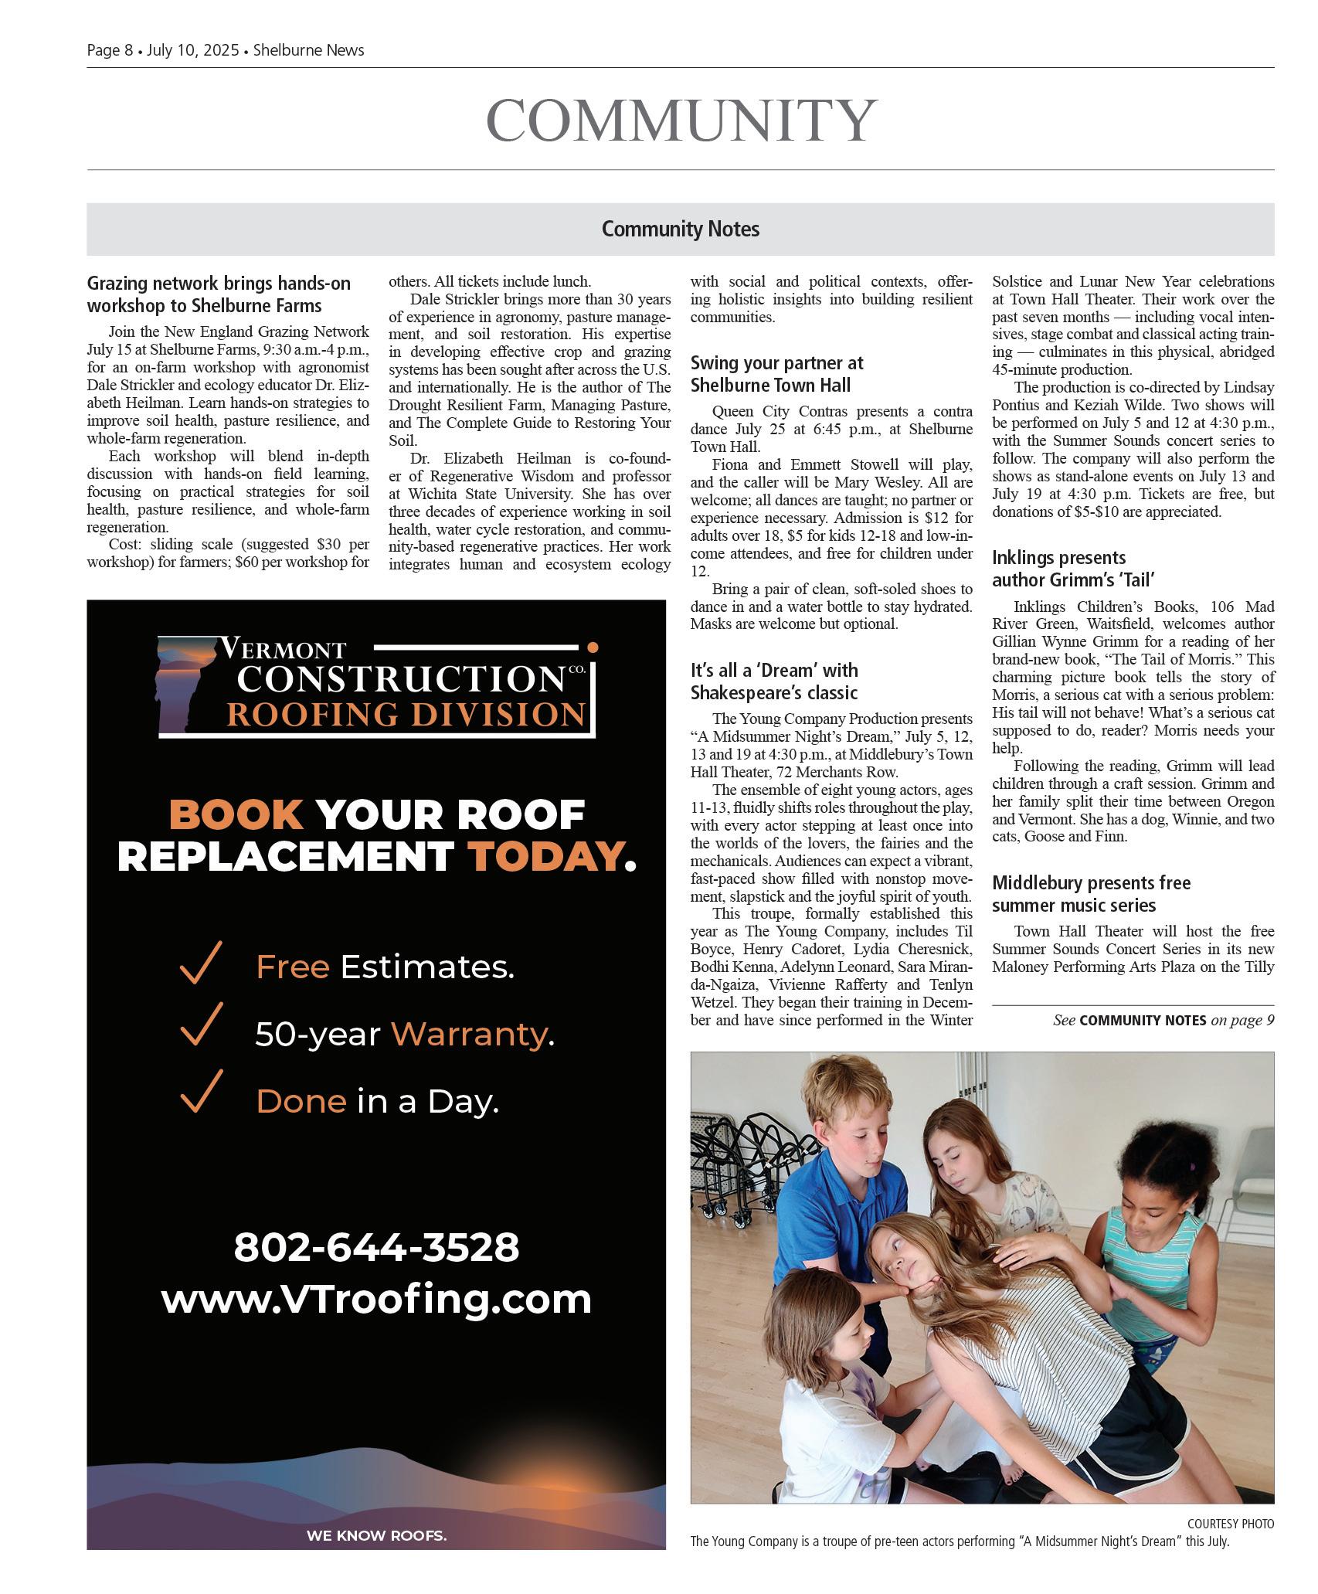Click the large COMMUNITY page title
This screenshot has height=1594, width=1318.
point(680,120)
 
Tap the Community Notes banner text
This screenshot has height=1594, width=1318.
point(680,229)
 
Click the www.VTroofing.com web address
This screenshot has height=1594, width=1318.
point(376,1299)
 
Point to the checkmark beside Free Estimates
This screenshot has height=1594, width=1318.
point(200,963)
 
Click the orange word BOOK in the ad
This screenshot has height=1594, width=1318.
point(236,814)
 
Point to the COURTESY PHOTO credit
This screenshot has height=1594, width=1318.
point(1230,1524)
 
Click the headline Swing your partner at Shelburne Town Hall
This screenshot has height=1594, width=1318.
point(776,374)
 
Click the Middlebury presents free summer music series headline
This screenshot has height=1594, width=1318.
point(1091,894)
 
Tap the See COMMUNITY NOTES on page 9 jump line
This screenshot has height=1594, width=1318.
point(1163,1020)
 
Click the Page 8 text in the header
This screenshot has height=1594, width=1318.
point(110,50)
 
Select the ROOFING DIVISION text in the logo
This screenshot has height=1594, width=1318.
point(406,715)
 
